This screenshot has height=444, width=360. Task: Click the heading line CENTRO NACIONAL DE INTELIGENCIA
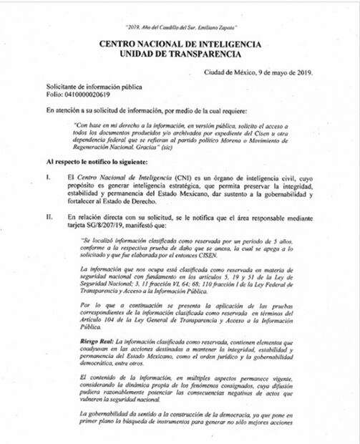click(180, 44)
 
